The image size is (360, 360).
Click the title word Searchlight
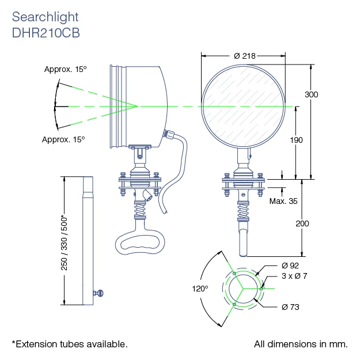point(46,17)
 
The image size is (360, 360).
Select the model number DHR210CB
point(46,33)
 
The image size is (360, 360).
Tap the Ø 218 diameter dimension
point(245,56)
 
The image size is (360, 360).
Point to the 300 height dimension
point(311,94)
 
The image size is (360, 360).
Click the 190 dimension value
point(296,140)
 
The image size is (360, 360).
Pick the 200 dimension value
point(302,223)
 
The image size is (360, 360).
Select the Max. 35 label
point(283,201)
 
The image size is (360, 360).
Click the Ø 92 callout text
point(290,266)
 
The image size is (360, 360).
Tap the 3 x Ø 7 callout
point(294,276)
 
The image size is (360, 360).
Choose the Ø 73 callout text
point(290,307)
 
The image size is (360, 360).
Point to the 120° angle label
point(200,289)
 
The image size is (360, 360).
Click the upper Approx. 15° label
point(66,69)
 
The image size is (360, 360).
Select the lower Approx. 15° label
point(63,139)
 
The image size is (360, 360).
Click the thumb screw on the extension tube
point(98,293)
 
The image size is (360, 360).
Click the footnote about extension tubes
point(70,344)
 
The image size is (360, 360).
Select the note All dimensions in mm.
point(301,344)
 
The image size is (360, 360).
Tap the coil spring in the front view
point(243,211)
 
